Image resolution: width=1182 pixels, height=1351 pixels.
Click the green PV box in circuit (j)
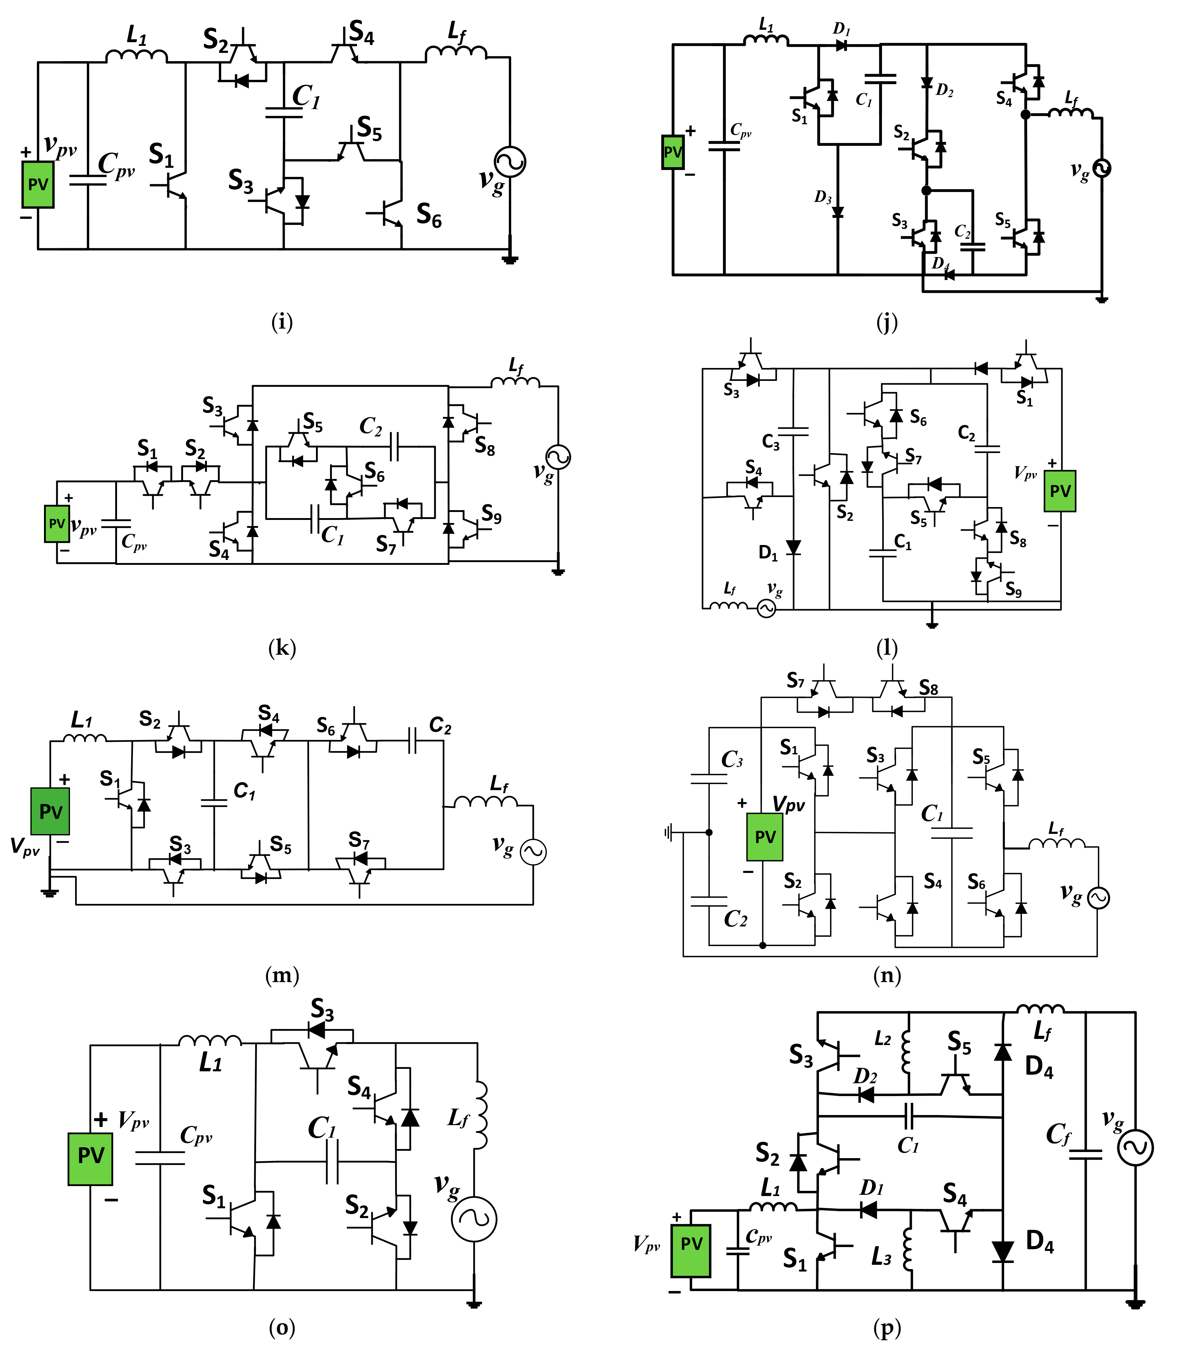(x=673, y=153)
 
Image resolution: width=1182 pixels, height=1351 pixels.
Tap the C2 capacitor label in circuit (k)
(x=371, y=427)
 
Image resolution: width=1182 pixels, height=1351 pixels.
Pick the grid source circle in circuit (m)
(x=533, y=852)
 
